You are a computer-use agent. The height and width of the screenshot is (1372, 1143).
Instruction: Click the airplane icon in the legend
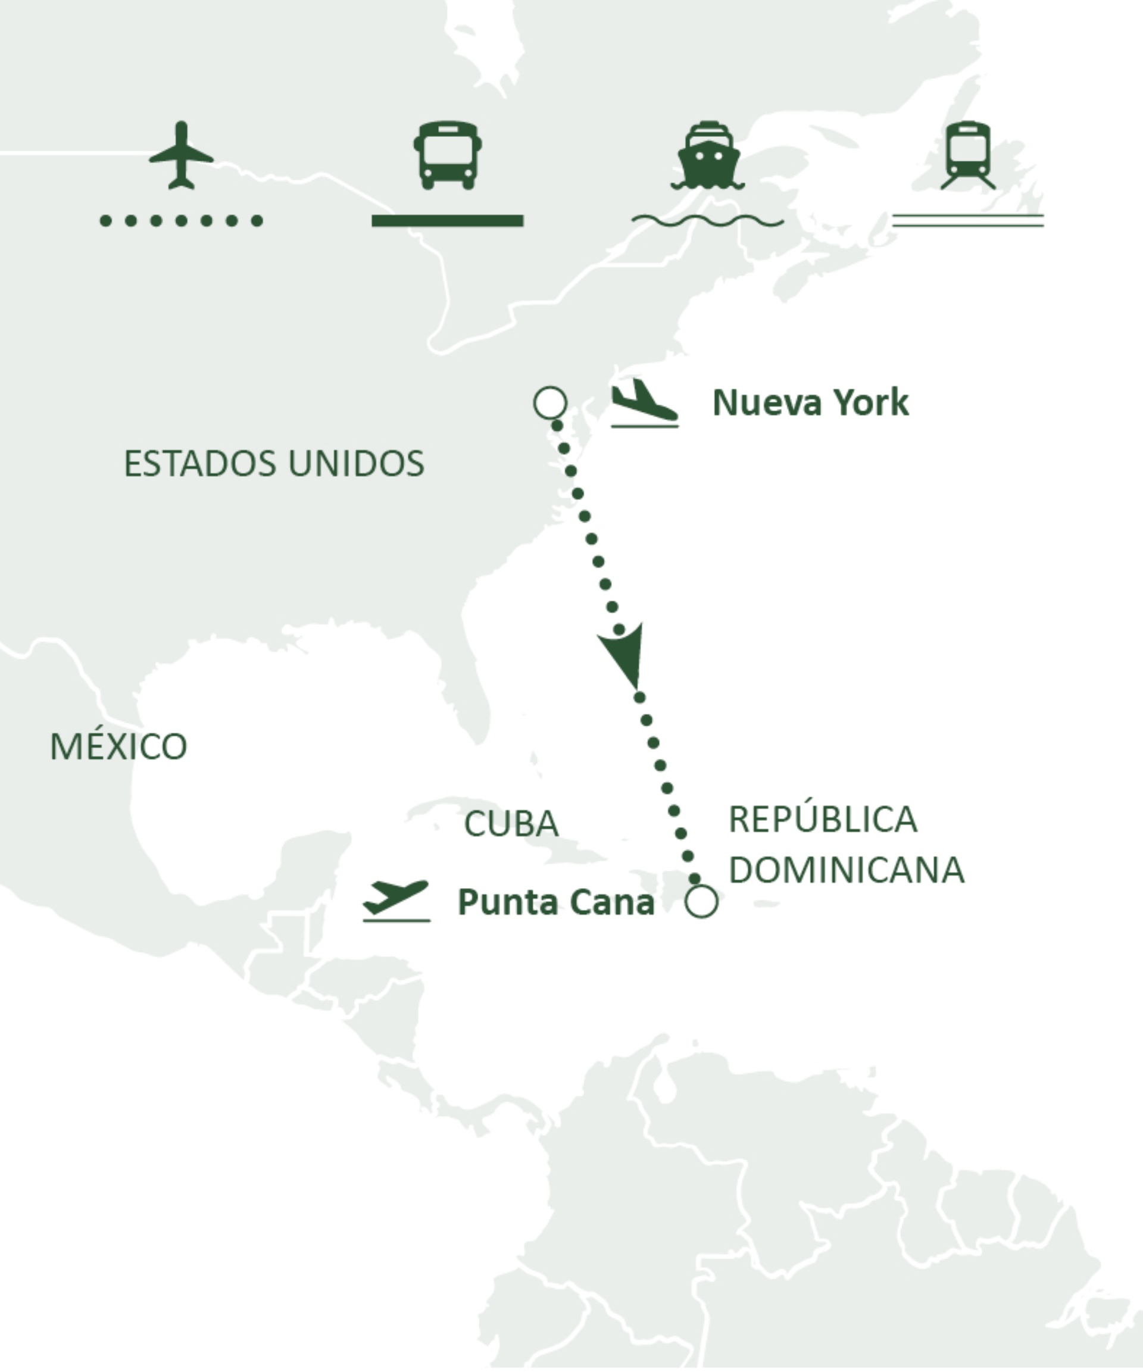point(181,155)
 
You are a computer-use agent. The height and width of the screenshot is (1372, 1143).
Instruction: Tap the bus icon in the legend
point(448,155)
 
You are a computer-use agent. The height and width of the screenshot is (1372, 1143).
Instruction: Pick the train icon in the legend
point(968,155)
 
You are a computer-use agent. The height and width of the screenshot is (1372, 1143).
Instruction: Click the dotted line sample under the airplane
point(181,221)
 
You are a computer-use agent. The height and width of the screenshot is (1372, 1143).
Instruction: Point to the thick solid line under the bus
point(448,221)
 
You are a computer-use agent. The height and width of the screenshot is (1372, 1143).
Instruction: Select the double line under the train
point(968,221)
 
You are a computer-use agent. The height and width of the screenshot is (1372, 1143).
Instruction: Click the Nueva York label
point(810,402)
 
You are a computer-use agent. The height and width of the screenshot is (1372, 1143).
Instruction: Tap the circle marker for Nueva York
point(550,402)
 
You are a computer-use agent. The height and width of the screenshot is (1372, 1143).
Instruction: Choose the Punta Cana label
point(555,902)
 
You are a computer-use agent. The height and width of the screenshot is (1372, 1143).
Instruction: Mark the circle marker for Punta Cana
point(702,902)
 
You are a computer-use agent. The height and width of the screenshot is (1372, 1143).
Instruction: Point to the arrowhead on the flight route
point(624,654)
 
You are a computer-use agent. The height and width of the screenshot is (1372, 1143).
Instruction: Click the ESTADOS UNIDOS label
point(274,464)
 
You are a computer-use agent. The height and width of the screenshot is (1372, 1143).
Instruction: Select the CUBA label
point(511,823)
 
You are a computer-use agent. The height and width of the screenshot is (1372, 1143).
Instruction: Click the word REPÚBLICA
point(823,819)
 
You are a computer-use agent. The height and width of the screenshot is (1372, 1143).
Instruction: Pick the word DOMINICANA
point(847,870)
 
